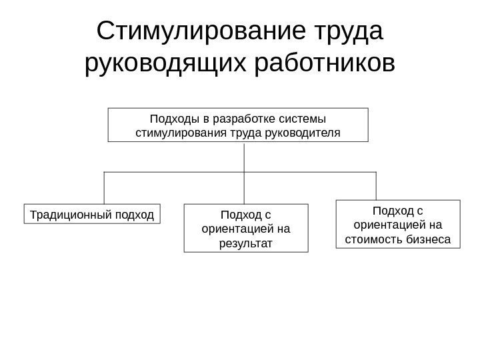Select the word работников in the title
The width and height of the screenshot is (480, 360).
(325, 65)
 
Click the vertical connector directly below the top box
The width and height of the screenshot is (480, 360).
(245, 157)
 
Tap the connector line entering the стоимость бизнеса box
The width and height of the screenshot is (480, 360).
(376, 186)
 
